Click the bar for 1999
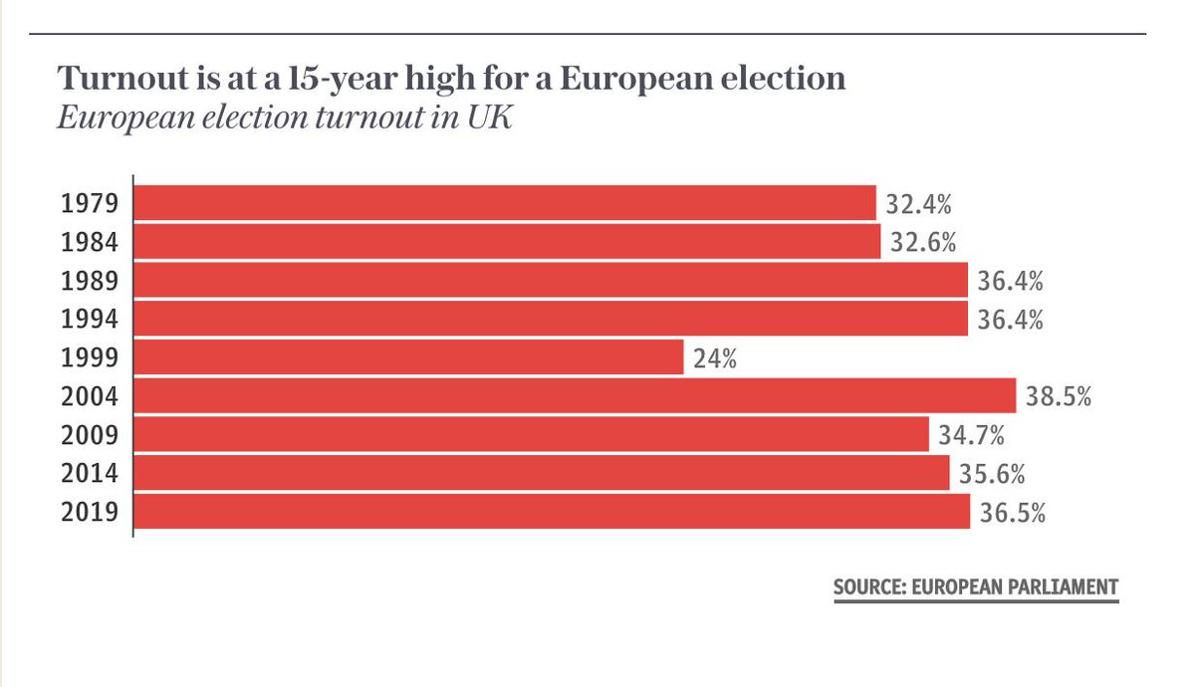click(408, 357)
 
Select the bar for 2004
click(575, 396)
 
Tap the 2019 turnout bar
click(552, 512)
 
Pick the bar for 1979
click(504, 203)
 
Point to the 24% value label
click(715, 358)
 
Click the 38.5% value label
click(1059, 397)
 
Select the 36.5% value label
click(1012, 513)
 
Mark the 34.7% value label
click(971, 435)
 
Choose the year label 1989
click(90, 281)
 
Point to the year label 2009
click(90, 435)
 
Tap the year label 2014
click(90, 474)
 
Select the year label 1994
click(90, 320)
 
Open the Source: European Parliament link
click(975, 586)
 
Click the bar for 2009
click(532, 435)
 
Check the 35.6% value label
click(992, 474)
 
